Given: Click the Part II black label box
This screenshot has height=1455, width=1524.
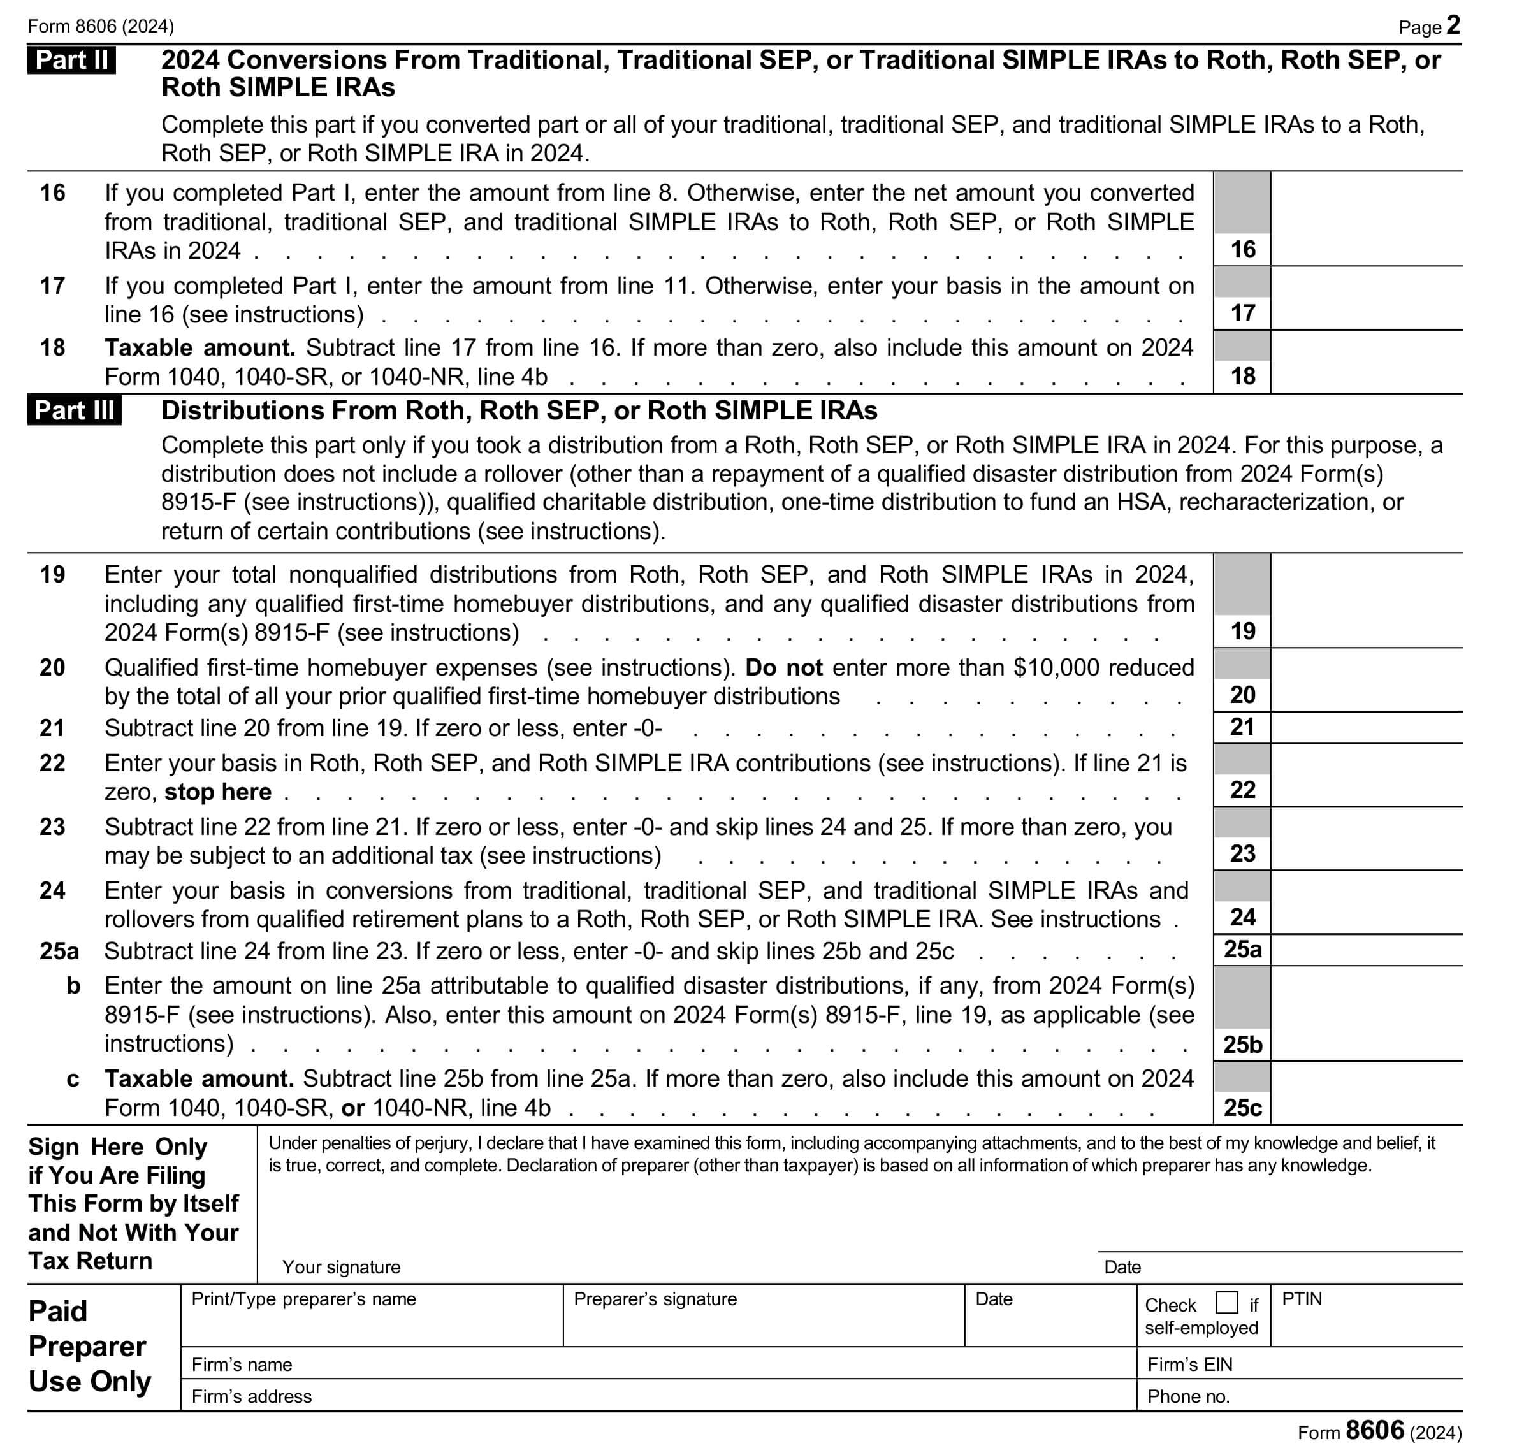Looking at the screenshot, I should (71, 60).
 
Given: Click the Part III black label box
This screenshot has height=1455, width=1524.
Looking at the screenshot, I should (75, 410).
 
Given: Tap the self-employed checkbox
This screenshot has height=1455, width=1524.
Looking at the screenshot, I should (1226, 1302).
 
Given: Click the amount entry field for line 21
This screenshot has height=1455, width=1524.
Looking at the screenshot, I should (1366, 728).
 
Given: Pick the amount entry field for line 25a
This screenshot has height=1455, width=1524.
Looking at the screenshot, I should (1366, 950).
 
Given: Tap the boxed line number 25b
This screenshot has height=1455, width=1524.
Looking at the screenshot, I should (1242, 1045).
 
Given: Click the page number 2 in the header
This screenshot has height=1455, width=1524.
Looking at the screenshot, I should (1453, 25).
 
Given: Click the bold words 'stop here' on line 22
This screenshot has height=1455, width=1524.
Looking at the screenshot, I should (218, 792).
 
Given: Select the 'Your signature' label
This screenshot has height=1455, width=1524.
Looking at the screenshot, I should (341, 1266).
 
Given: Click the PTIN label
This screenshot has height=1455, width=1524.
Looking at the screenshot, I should (1302, 1299).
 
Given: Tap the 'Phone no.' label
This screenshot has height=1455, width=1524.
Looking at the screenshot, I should (1188, 1396).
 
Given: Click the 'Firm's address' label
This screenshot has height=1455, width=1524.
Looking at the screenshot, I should (251, 1396).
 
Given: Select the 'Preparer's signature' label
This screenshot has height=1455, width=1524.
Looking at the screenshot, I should (655, 1299).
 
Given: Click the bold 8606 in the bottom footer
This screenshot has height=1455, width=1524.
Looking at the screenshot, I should (1375, 1430).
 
